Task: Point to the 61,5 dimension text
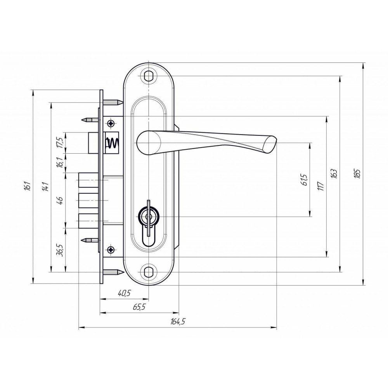coord(305,180)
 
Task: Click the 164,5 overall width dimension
coord(178,321)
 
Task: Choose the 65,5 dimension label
coord(139,307)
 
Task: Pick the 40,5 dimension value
coord(124,293)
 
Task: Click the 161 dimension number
coord(28,186)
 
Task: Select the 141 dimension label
coord(46,186)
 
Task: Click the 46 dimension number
coord(60,200)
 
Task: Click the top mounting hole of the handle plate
coord(148,76)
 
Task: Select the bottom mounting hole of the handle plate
coord(148,272)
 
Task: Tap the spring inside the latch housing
coord(113,143)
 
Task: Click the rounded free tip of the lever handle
coord(270,144)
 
